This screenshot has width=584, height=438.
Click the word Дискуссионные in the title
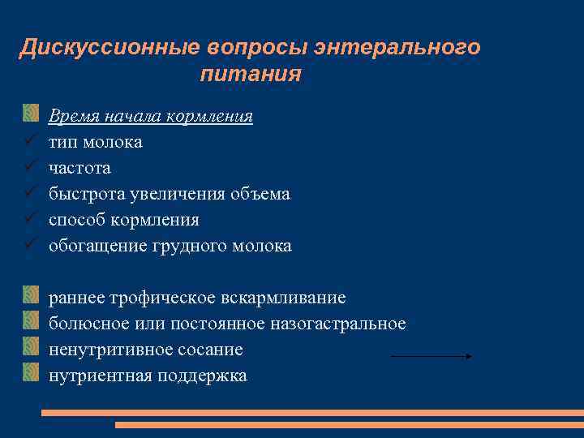(x=109, y=47)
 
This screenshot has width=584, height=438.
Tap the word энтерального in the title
(x=398, y=47)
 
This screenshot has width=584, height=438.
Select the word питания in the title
(x=250, y=75)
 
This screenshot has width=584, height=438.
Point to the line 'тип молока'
(x=95, y=142)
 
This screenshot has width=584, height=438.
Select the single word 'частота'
(x=79, y=168)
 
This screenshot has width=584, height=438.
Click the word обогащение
(x=97, y=246)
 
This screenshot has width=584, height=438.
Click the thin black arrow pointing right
(x=432, y=356)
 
